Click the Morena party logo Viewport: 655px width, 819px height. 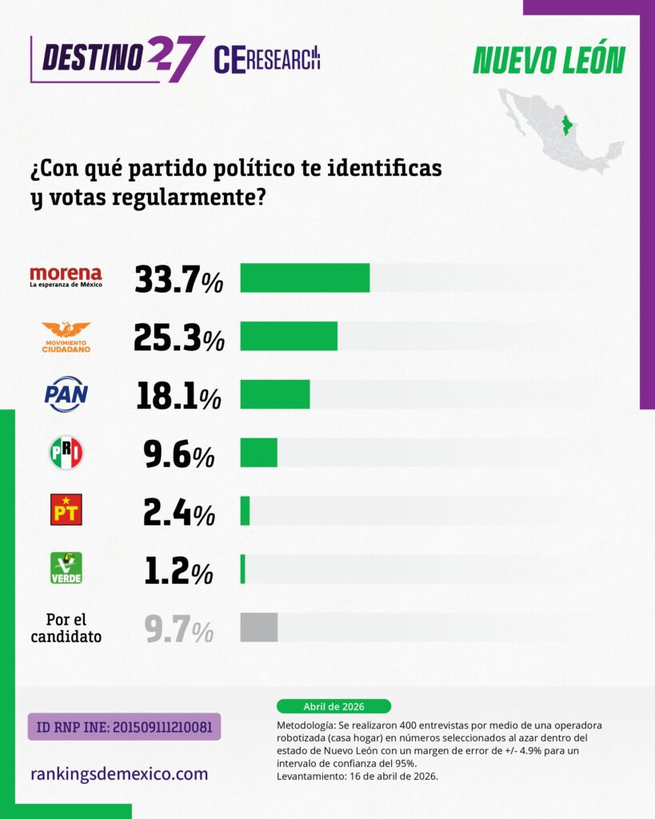click(x=66, y=277)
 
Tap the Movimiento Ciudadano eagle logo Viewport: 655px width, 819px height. click(x=66, y=337)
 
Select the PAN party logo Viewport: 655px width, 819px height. click(x=66, y=394)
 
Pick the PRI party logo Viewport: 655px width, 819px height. click(x=66, y=453)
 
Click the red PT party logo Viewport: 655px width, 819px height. click(x=66, y=509)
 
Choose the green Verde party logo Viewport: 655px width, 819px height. click(x=66, y=568)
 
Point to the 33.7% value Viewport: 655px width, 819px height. click(x=178, y=278)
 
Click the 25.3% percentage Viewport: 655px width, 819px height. click(x=178, y=338)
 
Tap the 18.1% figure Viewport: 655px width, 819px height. click(x=178, y=395)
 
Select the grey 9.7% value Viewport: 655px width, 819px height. click(x=178, y=629)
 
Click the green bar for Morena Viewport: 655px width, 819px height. click(x=305, y=278)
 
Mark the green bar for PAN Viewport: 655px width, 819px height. click(x=274, y=394)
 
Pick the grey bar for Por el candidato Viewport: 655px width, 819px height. click(x=258, y=627)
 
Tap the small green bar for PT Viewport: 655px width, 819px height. click(x=245, y=511)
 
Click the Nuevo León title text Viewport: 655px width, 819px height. click(x=549, y=60)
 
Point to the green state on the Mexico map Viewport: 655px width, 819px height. click(x=568, y=126)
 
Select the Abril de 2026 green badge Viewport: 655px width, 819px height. click(x=333, y=706)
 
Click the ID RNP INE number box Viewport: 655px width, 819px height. click(x=124, y=727)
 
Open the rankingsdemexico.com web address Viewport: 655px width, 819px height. click(x=118, y=773)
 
